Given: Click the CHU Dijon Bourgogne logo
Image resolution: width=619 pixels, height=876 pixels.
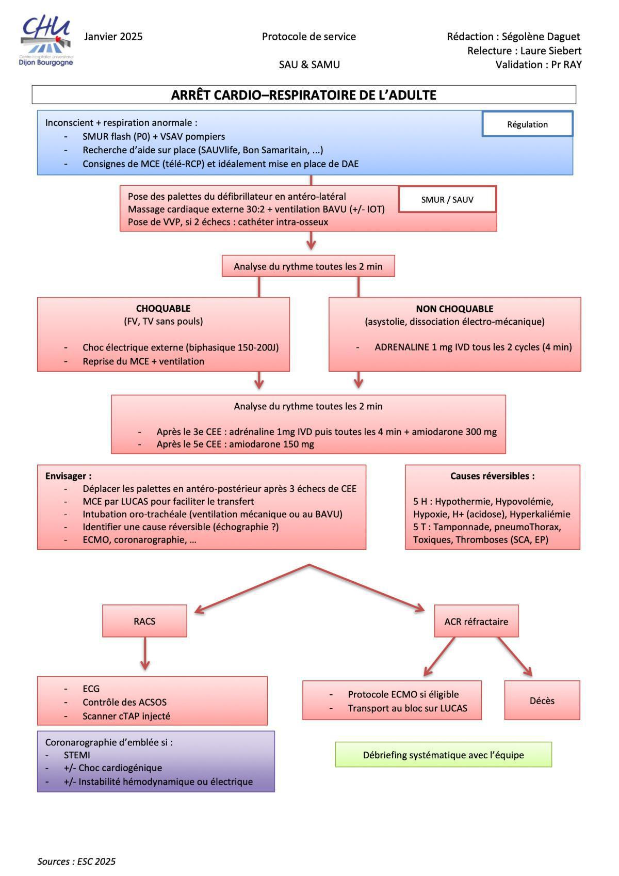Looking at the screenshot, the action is (x=46, y=41).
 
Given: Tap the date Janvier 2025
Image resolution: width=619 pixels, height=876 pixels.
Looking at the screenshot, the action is (x=113, y=37).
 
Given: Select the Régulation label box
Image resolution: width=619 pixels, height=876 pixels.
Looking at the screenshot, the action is (x=527, y=124).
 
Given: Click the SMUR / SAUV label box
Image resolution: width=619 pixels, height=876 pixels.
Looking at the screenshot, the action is (x=447, y=199).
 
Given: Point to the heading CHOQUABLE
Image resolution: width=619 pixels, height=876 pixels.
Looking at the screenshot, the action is (x=164, y=309).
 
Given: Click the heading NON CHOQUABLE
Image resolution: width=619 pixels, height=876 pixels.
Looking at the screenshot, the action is (x=454, y=309).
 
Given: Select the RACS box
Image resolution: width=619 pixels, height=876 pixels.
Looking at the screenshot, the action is (x=144, y=621).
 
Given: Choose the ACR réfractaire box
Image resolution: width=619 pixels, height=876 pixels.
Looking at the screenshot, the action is (x=476, y=622).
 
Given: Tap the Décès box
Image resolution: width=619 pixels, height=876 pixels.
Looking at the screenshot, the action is (x=542, y=700).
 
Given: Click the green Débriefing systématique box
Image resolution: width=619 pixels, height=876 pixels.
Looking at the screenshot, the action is (x=444, y=755).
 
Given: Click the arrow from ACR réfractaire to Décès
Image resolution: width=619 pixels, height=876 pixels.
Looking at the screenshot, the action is (x=515, y=657).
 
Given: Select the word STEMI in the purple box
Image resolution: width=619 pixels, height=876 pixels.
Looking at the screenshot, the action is (x=77, y=755).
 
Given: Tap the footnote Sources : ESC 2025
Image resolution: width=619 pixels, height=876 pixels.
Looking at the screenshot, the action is (x=76, y=861).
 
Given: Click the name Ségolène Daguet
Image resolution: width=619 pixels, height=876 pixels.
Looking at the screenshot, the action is (x=541, y=37).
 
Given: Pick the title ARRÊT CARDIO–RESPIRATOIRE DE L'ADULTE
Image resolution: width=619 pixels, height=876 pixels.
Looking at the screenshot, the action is (x=304, y=95).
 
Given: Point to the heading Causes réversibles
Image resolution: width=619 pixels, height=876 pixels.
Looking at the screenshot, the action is (x=493, y=476).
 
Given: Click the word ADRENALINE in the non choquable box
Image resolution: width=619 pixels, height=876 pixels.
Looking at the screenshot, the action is (x=402, y=347).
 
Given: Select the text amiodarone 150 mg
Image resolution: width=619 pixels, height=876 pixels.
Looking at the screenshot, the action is (x=272, y=444).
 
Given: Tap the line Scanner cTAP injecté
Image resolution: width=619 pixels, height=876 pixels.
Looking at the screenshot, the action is (x=126, y=716).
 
